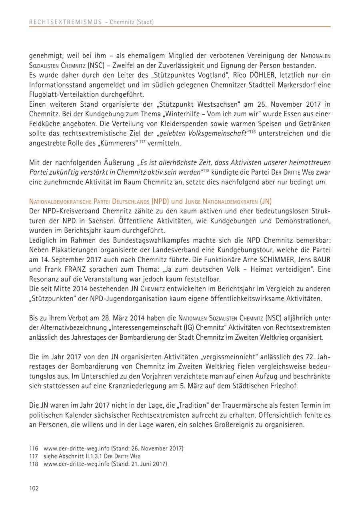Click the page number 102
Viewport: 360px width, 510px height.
tap(34, 488)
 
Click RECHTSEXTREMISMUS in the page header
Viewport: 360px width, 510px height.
tap(66, 22)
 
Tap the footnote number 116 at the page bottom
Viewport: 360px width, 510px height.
tap(34, 448)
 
